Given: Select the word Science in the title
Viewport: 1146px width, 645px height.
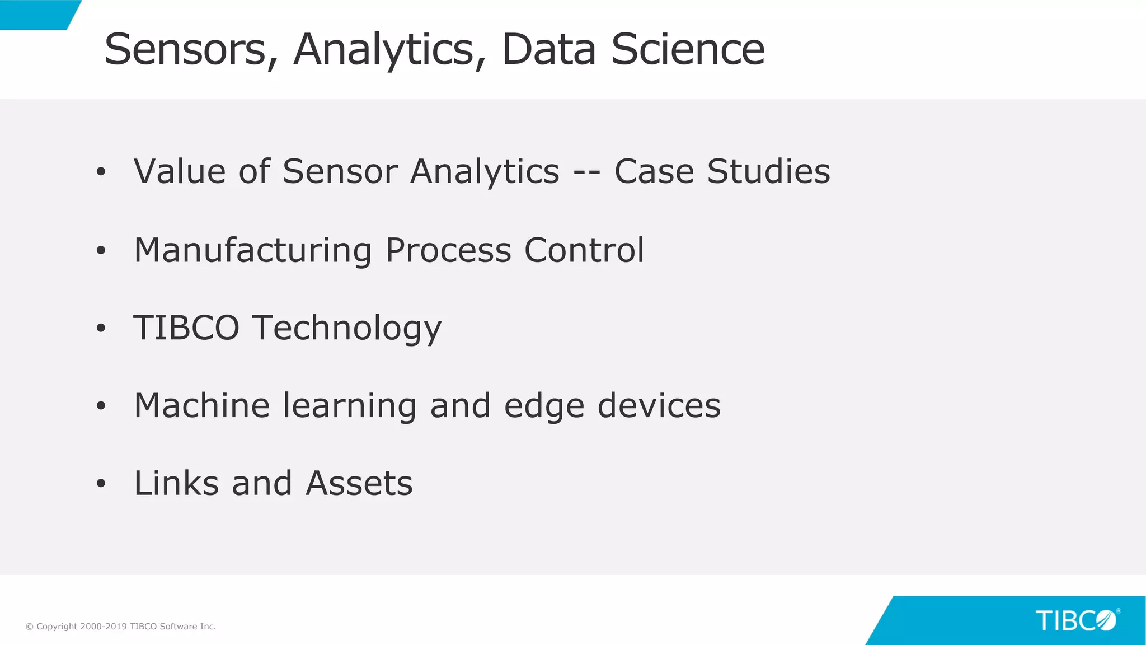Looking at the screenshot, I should [688, 50].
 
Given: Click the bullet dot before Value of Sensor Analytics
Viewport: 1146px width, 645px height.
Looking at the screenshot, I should [101, 172].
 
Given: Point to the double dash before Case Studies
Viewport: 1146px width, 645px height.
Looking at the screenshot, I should [587, 172].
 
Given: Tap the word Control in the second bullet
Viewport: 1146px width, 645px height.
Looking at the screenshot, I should [584, 250].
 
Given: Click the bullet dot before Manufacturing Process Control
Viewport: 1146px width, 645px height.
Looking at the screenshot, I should [101, 250].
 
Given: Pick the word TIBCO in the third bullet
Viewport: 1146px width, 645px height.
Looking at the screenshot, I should [186, 328].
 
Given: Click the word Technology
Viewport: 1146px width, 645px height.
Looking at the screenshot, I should [347, 329].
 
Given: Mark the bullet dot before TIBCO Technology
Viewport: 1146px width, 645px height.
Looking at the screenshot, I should [101, 328].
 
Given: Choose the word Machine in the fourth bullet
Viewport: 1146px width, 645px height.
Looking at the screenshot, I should [202, 405].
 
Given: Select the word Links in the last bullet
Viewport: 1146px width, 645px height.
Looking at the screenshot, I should [176, 483].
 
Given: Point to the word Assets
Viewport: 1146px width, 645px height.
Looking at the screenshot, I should [359, 483].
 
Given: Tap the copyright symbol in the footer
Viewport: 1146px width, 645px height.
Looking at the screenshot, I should [30, 627].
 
